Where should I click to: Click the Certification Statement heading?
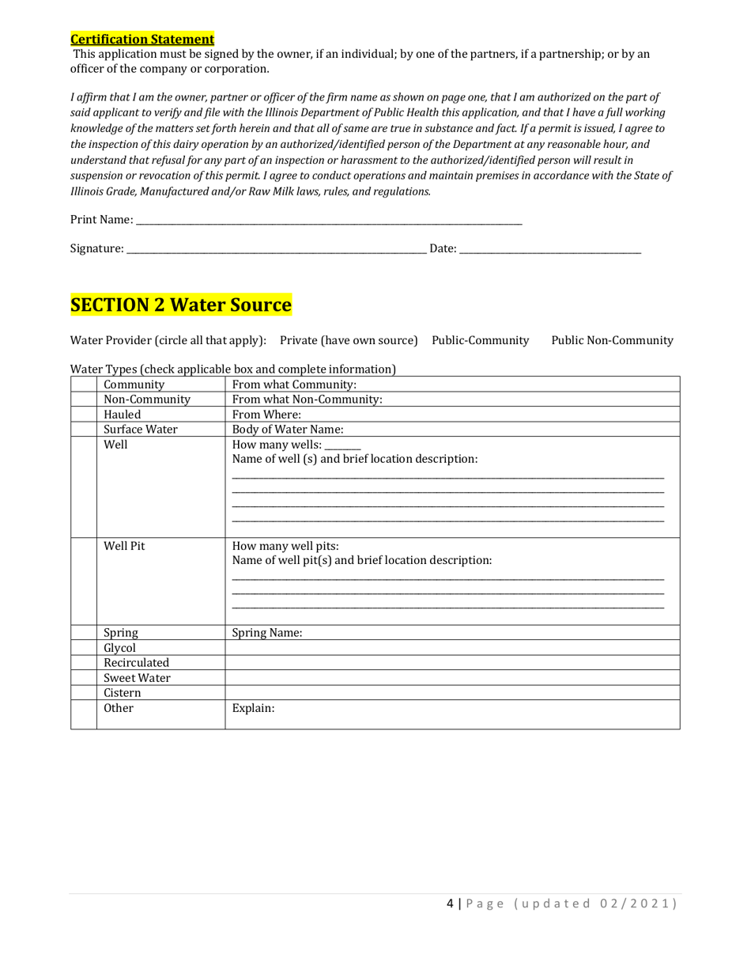click(142, 39)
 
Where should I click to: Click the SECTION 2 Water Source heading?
click(181, 305)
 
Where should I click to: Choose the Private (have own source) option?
click(349, 340)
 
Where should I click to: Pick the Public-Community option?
click(480, 340)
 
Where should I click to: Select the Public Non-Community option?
click(612, 340)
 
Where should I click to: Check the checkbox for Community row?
click(84, 384)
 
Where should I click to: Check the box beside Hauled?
click(84, 415)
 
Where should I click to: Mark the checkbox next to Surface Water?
click(84, 430)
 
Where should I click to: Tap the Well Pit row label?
click(124, 546)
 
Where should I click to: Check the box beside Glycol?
click(84, 648)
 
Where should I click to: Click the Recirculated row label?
click(136, 663)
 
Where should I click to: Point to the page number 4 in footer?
click(450, 903)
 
